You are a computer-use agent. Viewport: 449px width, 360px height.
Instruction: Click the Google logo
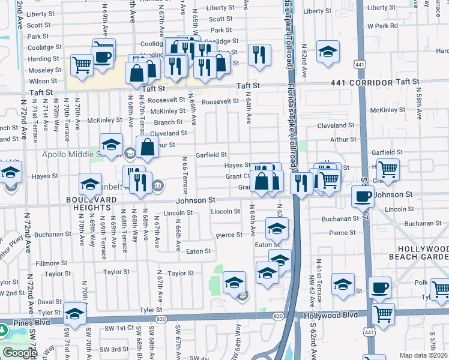20,353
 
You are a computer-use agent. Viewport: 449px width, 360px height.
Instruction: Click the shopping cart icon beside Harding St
82,64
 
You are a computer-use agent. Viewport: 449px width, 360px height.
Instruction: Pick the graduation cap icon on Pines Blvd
74,313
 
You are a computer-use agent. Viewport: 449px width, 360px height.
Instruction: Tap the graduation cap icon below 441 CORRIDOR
328,52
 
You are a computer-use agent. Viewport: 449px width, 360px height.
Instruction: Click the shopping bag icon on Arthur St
147,146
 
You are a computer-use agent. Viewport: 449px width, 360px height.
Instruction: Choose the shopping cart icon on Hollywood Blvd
383,313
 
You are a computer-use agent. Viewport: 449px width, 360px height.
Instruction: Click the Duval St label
49,302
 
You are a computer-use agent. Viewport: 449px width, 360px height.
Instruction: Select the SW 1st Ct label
115,328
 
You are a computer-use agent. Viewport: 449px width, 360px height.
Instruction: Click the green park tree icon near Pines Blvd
3,330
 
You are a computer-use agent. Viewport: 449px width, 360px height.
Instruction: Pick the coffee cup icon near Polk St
379,287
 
